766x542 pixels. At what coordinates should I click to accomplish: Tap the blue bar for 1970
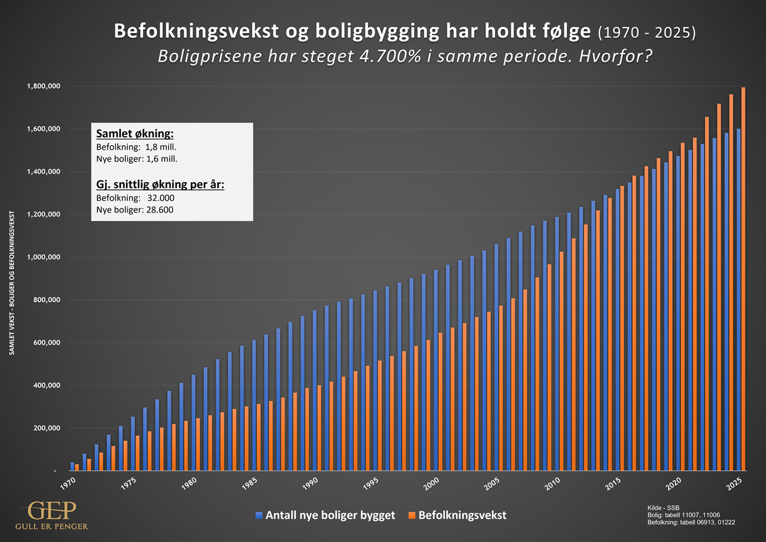point(72,467)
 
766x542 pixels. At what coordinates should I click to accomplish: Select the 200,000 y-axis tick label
point(46,428)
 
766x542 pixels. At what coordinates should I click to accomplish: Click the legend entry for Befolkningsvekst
point(462,515)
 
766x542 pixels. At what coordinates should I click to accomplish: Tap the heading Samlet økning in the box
point(135,134)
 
